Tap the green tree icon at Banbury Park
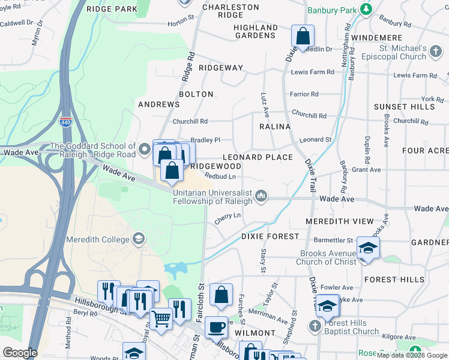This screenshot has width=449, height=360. click(x=365, y=10)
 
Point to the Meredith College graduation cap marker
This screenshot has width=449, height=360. click(x=139, y=239)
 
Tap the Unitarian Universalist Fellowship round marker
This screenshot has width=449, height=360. click(x=261, y=196)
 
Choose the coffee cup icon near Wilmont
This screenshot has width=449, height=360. click(x=216, y=327)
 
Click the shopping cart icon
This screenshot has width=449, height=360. click(x=160, y=319)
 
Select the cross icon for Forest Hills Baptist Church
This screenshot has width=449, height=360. click(x=315, y=326)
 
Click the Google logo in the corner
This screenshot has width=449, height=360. click(x=20, y=353)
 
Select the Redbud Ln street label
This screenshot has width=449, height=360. click(x=220, y=176)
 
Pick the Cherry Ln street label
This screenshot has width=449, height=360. click(x=228, y=217)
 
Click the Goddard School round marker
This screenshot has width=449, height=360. click(x=145, y=148)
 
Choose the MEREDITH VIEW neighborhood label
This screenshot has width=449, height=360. click(x=339, y=221)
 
